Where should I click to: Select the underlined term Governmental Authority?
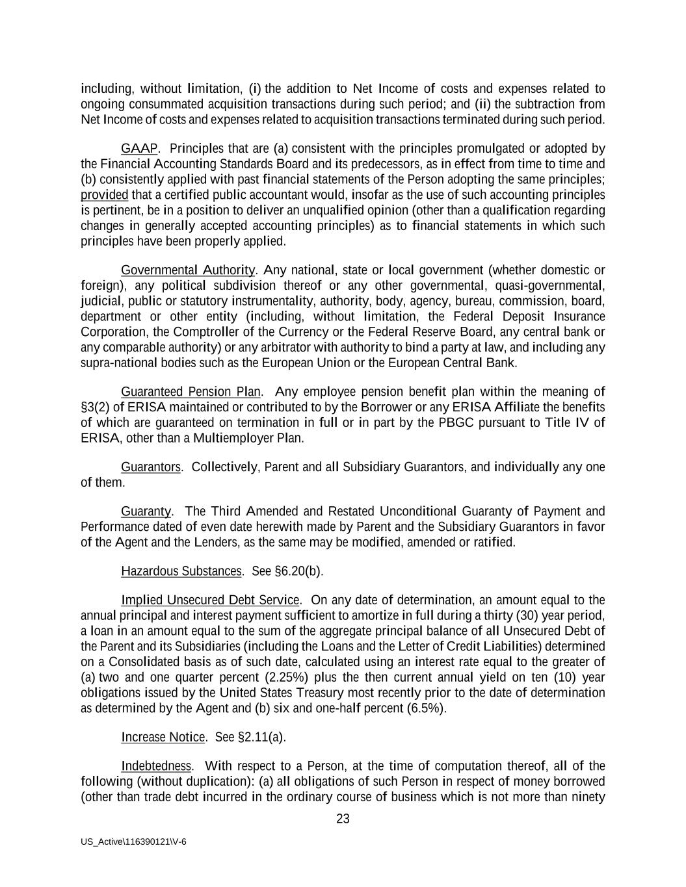[x=188, y=270]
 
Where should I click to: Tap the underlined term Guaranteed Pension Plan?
[x=191, y=392]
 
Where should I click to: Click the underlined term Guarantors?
[x=151, y=467]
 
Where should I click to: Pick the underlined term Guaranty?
[x=146, y=511]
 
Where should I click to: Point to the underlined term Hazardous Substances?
[x=181, y=571]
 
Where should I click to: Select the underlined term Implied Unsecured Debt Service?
[x=210, y=600]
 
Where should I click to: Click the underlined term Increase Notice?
[x=163, y=737]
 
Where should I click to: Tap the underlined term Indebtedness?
[x=156, y=766]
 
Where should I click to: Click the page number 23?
[x=343, y=819]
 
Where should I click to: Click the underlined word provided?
[x=104, y=195]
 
